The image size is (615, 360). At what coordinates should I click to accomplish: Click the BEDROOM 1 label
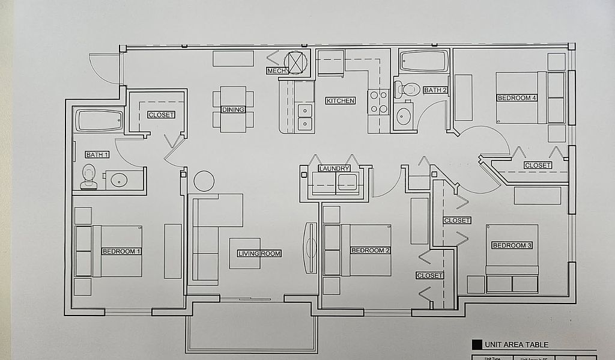coord(121,251)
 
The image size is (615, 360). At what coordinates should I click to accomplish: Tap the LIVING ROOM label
coord(259,254)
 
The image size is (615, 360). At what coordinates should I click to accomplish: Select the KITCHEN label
coord(341,101)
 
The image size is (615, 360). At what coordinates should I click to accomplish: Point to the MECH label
coord(277,71)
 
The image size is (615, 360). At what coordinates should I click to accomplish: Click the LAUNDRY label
coord(334,169)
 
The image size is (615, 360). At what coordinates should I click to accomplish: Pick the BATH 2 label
coord(435,90)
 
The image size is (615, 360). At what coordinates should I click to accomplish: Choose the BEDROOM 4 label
coord(517,98)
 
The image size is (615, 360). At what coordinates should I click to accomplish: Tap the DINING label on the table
coord(233,110)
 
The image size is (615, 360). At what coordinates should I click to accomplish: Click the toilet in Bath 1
coord(89,177)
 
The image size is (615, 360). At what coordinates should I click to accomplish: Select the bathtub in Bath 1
coord(99,120)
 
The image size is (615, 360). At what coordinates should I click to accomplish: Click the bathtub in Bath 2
coord(424,61)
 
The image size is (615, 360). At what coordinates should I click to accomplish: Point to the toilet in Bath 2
coord(408,90)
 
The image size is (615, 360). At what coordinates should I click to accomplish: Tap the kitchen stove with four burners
coord(378,102)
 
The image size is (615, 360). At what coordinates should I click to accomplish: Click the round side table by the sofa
coord(204,181)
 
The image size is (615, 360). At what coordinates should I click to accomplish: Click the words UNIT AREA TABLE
coord(517,345)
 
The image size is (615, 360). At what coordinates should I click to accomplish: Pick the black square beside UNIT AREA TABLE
coord(477,345)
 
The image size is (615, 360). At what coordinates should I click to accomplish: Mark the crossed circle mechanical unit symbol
coord(295,62)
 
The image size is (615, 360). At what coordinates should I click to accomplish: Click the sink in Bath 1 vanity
coord(119,180)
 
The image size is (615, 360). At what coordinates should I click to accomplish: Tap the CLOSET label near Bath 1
coord(161,115)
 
